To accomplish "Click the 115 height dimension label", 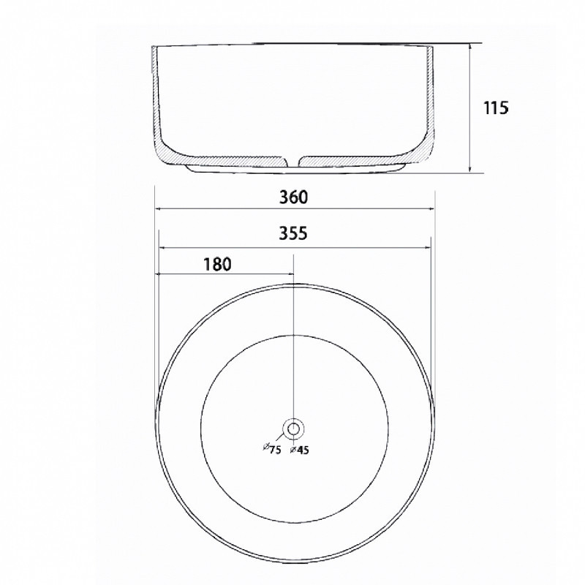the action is coord(496,107).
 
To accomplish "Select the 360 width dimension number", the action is coord(294,197).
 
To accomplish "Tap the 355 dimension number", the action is coord(293,233).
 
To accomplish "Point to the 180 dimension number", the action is coord(217,264).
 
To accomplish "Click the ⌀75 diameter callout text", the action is coord(272,449).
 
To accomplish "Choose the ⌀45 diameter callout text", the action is coord(300,450).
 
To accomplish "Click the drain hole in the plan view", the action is coord(293,429).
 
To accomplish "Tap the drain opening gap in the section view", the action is coord(293,161).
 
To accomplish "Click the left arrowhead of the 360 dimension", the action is coord(158,209).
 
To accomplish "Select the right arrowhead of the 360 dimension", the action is coord(432,209).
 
